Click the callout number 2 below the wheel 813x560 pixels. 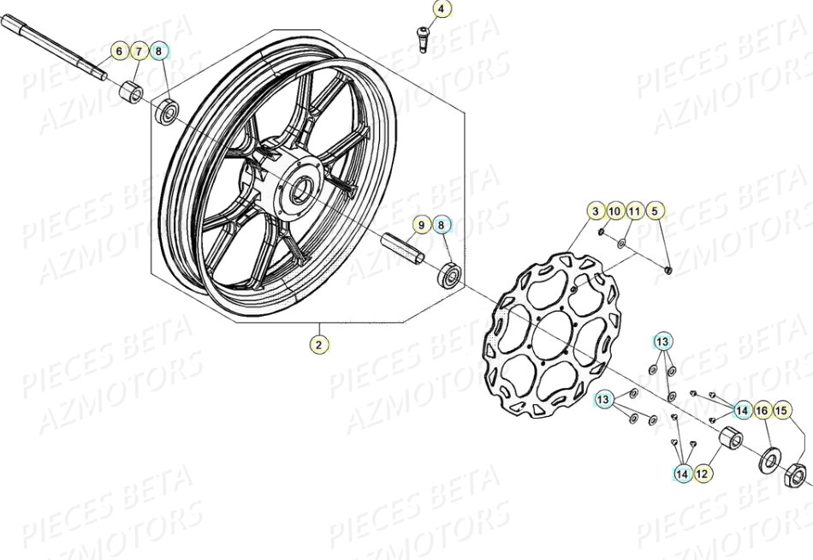coord(319,345)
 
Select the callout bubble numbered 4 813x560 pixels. coord(441,10)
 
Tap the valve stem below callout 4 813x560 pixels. coord(422,37)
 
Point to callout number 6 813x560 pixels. coord(120,52)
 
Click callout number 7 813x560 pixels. coord(139,52)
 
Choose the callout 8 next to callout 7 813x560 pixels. coord(159,52)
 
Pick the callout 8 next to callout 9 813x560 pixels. coord(442,226)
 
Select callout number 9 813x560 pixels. coord(420,226)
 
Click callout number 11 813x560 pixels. coord(635,211)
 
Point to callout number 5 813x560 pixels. coord(655,211)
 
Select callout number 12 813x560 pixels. coord(702,472)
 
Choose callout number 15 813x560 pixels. coord(781,411)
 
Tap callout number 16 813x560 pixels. coord(762,411)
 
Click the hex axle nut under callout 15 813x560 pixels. coord(794,472)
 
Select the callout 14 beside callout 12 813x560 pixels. coord(682,472)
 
